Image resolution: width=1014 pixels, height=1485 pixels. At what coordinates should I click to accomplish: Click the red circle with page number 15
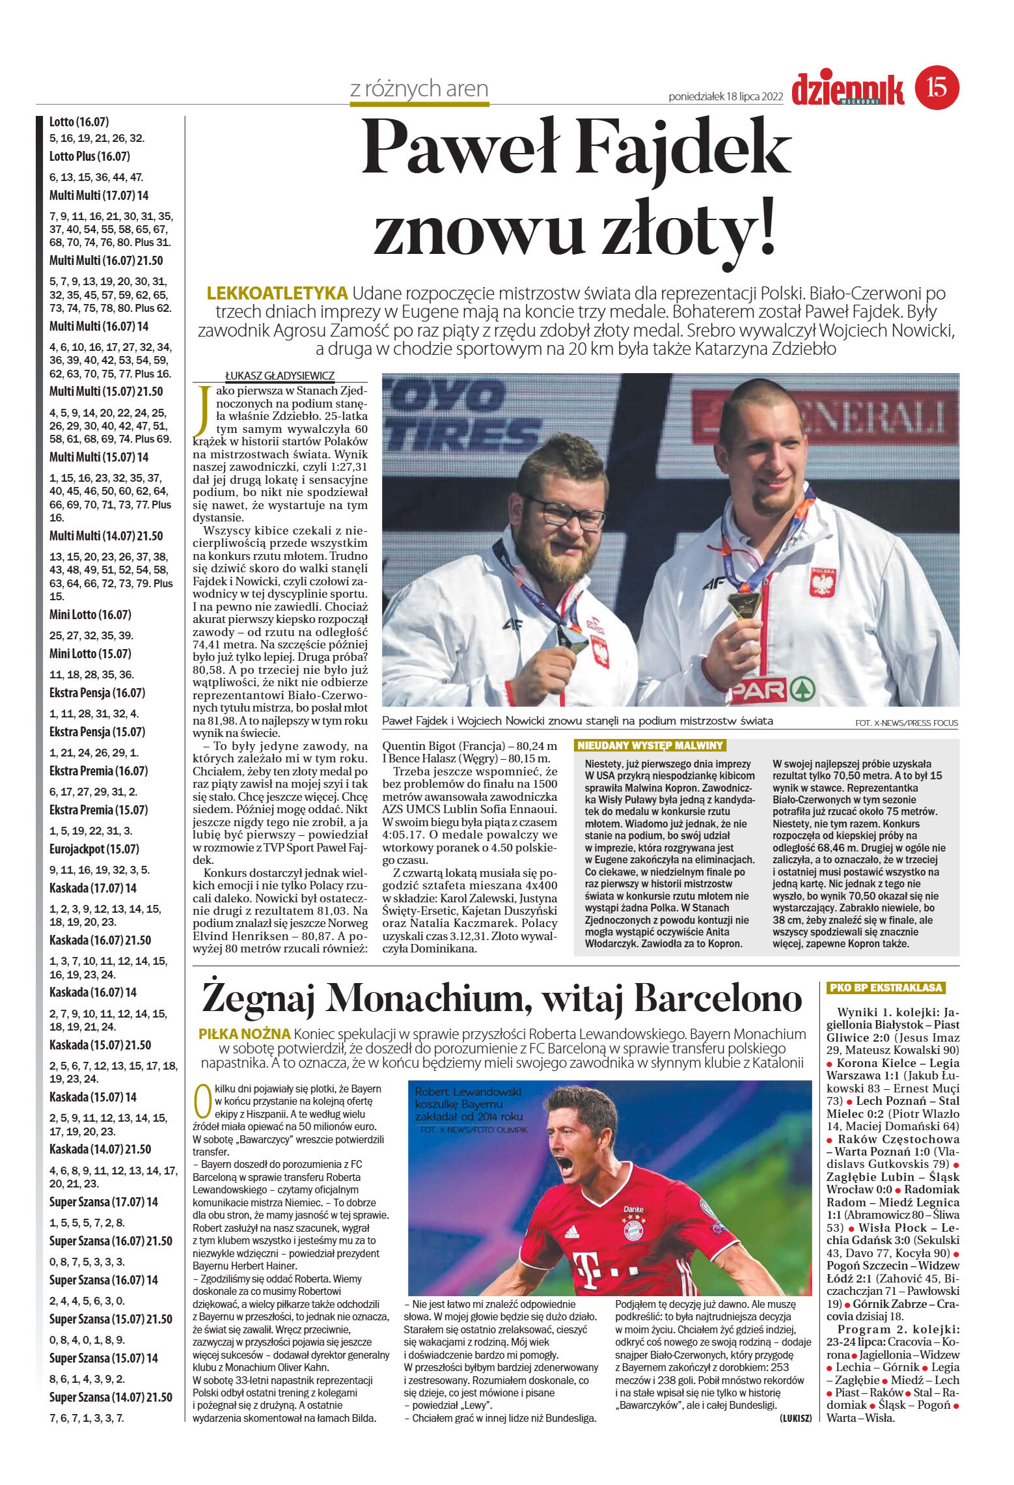pos(937,87)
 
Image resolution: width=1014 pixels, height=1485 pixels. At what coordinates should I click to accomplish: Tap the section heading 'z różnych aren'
pos(418,89)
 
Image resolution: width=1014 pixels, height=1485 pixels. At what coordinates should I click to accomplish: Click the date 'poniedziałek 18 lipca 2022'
pos(725,97)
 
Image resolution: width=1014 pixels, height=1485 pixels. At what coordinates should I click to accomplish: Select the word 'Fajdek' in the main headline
pos(684,149)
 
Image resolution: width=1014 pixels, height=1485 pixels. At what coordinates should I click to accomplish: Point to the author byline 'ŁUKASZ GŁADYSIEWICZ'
pos(279,376)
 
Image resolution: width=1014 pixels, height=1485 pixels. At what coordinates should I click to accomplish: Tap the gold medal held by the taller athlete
pos(743,605)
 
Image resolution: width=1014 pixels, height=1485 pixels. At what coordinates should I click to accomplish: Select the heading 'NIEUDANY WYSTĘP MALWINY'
pos(650,745)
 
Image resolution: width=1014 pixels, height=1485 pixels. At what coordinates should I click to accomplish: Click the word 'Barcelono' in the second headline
pos(717,998)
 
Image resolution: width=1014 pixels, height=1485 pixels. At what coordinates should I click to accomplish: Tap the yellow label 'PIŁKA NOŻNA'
pos(245,1034)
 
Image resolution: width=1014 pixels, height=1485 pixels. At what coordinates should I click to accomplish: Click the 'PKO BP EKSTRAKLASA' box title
pos(886,988)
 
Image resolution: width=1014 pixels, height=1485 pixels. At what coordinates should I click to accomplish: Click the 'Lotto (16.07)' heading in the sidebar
pos(79,122)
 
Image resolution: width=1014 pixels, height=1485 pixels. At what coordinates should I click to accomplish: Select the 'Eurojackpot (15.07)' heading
pos(94,849)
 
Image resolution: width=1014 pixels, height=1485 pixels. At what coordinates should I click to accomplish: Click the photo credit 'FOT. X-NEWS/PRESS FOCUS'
pos(906,723)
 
